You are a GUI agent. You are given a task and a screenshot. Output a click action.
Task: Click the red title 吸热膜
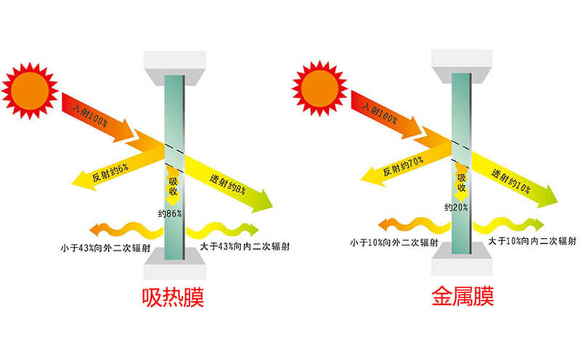click(x=173, y=297)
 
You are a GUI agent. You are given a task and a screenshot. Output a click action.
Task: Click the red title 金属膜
click(x=463, y=296)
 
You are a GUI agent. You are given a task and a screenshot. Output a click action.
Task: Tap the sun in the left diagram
click(x=30, y=91)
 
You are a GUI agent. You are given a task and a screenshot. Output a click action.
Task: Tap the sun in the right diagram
click(x=320, y=89)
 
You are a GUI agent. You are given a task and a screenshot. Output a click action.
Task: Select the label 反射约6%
click(x=110, y=172)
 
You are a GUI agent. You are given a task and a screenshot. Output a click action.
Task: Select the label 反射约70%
click(x=403, y=166)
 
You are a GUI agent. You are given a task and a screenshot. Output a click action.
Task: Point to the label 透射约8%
click(x=227, y=184)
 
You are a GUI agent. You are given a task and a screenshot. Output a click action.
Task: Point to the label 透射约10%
click(x=511, y=181)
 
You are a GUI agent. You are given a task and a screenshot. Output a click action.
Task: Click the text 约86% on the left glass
click(x=170, y=213)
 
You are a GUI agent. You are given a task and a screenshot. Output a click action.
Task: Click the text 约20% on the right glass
click(x=456, y=208)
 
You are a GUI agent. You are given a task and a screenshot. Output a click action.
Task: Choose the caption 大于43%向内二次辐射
click(x=245, y=246)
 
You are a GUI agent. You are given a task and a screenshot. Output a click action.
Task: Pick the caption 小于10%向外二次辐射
click(x=394, y=242)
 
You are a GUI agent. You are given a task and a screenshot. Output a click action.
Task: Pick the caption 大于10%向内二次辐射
click(x=532, y=241)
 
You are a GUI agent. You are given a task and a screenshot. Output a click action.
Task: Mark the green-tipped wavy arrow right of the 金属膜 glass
click(x=508, y=225)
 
